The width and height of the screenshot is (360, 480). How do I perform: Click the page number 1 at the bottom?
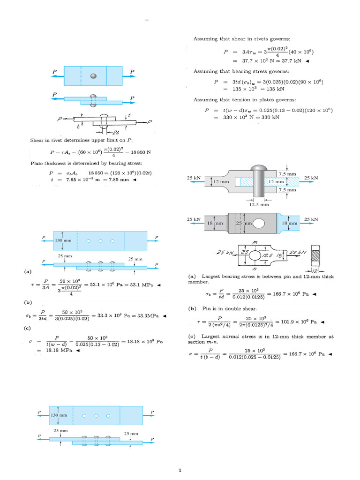[180, 470]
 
